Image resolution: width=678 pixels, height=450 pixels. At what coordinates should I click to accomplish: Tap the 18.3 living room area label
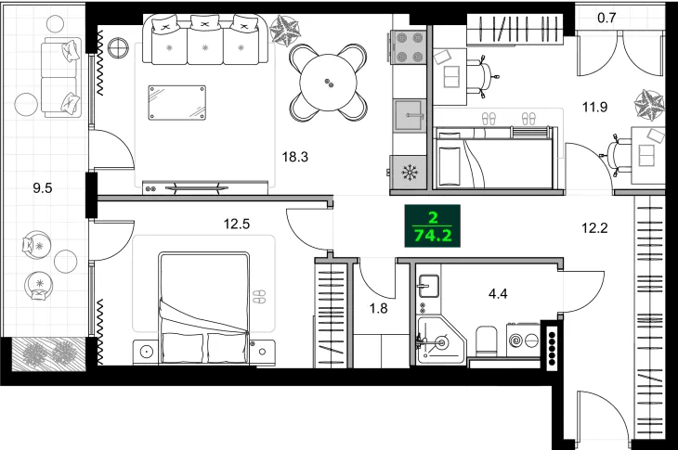[x=294, y=157]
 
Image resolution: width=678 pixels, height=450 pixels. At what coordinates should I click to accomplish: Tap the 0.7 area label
[x=606, y=16]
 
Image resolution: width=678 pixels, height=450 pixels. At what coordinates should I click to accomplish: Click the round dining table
[x=328, y=83]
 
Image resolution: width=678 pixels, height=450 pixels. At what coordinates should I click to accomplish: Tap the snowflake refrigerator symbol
[x=407, y=171]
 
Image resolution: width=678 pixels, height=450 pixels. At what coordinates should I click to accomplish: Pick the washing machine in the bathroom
[x=519, y=341]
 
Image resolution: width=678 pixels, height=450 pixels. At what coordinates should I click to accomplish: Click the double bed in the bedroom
[x=203, y=308]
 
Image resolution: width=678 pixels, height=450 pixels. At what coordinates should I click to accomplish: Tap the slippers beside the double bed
[x=261, y=297]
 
